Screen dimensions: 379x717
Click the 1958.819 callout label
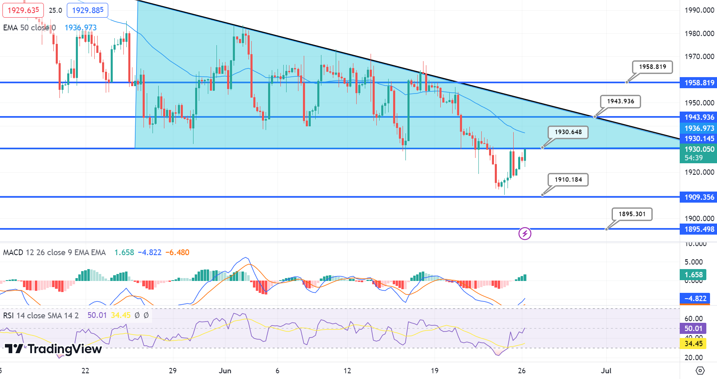[x=652, y=67]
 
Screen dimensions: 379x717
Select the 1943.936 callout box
[x=620, y=101]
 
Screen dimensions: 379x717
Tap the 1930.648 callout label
[x=568, y=132]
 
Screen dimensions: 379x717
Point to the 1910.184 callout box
[x=568, y=180]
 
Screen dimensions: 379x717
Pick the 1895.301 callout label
[x=632, y=214]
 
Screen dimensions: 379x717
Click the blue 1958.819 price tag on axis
[x=699, y=83]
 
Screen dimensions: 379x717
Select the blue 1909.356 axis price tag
[x=699, y=197]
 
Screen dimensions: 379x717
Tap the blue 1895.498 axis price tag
[x=699, y=229]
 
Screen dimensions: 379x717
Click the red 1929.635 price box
[x=23, y=10]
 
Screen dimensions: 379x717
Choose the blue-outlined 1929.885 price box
[x=87, y=10]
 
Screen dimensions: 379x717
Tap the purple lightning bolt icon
[x=525, y=234]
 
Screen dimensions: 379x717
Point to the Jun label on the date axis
[x=225, y=371]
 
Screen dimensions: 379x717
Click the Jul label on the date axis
[x=606, y=371]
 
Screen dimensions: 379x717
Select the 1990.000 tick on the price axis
[x=699, y=10]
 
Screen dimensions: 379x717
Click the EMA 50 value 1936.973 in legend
[x=81, y=28]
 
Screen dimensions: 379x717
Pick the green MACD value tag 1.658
[x=693, y=275]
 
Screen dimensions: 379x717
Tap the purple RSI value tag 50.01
[x=693, y=329]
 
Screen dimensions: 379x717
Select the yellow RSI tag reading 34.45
[x=693, y=344]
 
